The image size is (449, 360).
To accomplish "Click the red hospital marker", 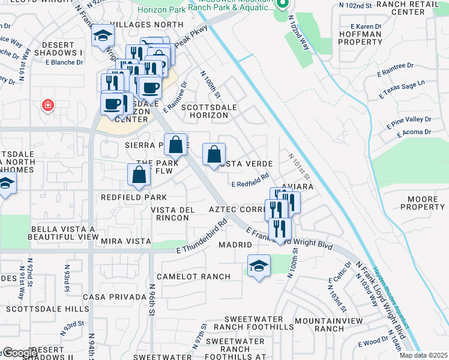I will click(x=47, y=106).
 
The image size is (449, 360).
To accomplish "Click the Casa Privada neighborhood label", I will click(x=115, y=297).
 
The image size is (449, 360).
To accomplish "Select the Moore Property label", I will click(x=418, y=203).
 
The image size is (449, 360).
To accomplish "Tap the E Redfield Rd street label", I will click(x=250, y=179).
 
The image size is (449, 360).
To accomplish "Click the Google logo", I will click(x=20, y=353).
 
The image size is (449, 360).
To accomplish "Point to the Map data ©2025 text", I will click(x=423, y=355).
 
